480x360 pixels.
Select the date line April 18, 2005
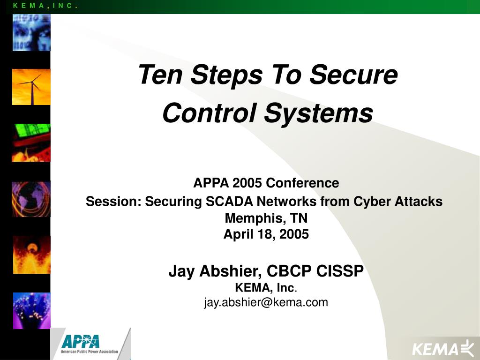(x=266, y=234)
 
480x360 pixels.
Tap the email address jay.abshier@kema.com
(x=266, y=302)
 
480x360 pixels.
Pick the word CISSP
(x=340, y=271)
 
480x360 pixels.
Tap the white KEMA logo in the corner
(x=442, y=348)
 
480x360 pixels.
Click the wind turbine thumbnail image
(x=31, y=87)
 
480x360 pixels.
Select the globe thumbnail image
(x=31, y=199)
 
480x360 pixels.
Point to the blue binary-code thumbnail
(x=31, y=32)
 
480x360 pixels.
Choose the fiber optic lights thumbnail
(x=31, y=310)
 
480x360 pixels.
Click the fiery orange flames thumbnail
(x=31, y=255)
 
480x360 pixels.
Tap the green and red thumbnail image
(x=31, y=142)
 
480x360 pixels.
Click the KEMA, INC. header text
(x=45, y=6)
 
